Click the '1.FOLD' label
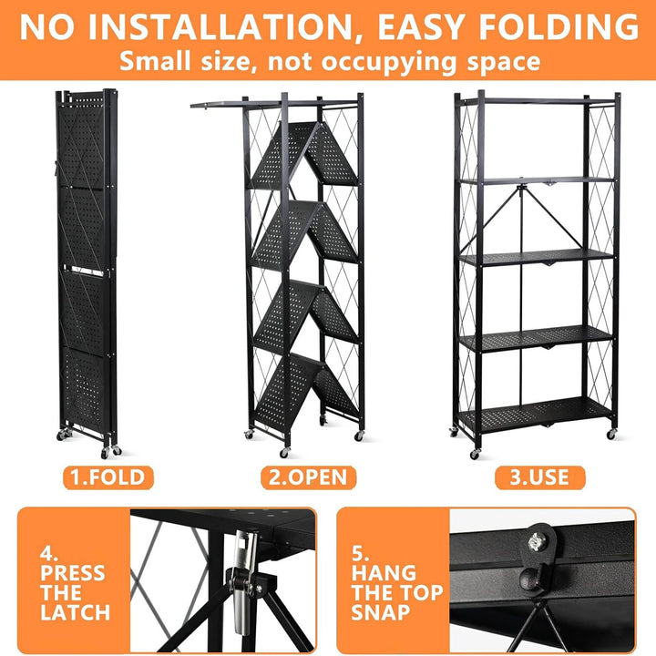point(108,477)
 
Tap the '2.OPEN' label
point(308,477)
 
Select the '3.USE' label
point(539,477)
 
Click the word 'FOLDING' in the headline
point(559,26)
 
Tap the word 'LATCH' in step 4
point(76,612)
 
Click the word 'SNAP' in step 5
point(381,612)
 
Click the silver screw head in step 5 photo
point(536,543)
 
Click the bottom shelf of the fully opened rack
point(537,415)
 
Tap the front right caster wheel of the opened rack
point(610,434)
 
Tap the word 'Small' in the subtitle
point(155,61)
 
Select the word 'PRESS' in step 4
point(73,573)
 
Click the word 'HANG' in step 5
point(384,573)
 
